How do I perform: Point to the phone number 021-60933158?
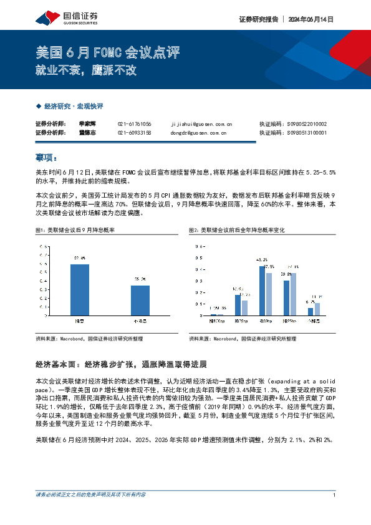pos(134,133)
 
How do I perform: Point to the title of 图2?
pos(236,231)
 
